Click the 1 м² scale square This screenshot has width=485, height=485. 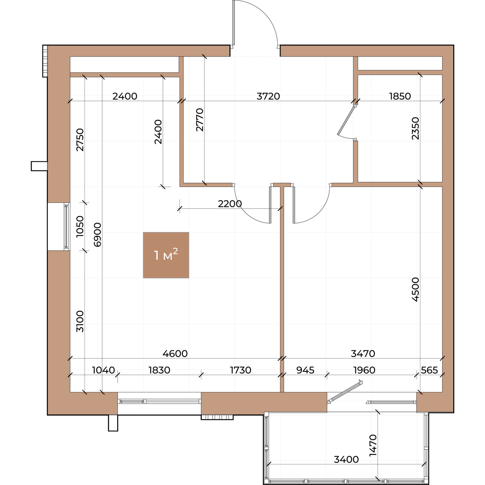pos(166,255)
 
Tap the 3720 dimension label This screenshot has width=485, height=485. pos(268,96)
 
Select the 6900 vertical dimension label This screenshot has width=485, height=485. pos(97,234)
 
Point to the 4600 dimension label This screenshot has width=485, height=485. pos(175,354)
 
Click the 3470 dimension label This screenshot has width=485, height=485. pos(363,354)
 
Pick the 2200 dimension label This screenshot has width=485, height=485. pos(230,204)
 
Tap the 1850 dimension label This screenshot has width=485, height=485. pos(400,96)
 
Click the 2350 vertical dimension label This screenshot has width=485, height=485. pos(415,129)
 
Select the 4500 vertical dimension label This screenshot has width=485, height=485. pos(415,289)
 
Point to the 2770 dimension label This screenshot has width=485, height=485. pos(200,120)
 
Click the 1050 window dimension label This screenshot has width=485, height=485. pos(80,226)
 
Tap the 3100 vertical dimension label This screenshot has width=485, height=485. pos(80,321)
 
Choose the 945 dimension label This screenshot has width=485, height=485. pos(305,370)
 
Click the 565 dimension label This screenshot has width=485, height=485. pos(429,370)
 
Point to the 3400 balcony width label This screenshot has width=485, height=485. pos(346,460)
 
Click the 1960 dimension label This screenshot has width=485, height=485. pos(365,370)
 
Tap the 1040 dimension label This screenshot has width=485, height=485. pos(103,370)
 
